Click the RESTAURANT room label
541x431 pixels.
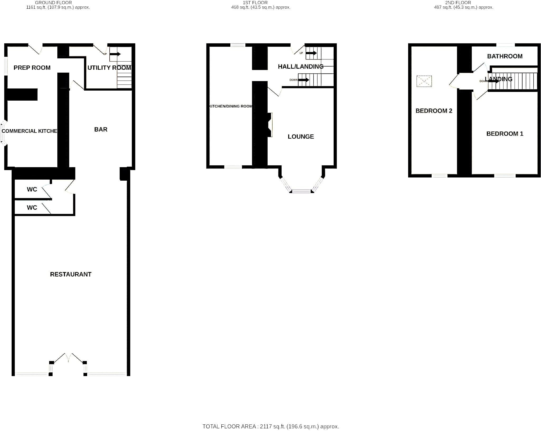(x=71, y=274)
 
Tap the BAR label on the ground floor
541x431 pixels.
(x=101, y=129)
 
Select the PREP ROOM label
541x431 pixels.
(x=32, y=68)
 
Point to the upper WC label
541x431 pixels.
(x=32, y=189)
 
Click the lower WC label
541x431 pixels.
(x=32, y=208)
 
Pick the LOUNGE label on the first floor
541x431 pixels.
(x=301, y=137)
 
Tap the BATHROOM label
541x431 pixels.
(x=505, y=56)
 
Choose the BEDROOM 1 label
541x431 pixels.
(x=505, y=134)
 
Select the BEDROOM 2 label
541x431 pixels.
(x=434, y=111)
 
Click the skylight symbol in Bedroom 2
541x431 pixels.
(x=424, y=81)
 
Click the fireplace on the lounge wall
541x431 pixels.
(x=270, y=125)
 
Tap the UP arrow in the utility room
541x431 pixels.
(x=115, y=54)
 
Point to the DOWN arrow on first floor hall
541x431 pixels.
(x=304, y=80)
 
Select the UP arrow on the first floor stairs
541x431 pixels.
(x=311, y=53)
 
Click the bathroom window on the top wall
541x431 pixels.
(x=505, y=45)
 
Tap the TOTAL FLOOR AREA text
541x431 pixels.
(x=270, y=426)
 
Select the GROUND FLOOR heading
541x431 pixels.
(x=53, y=3)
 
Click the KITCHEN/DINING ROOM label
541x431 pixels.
(x=231, y=106)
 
